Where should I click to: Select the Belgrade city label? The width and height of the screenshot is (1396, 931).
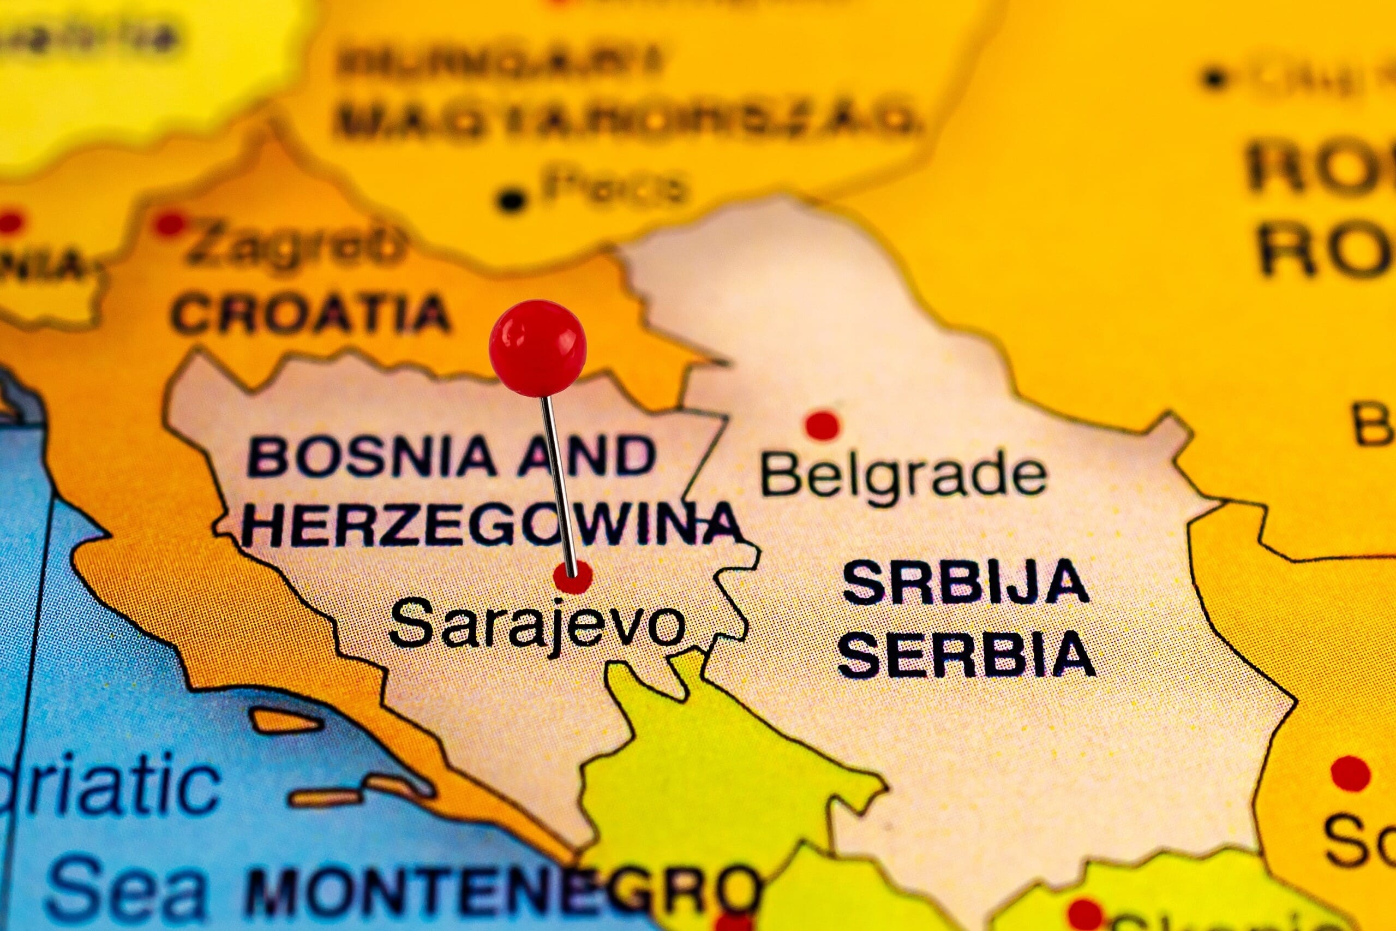[903, 475]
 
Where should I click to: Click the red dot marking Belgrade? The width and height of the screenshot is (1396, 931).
[822, 425]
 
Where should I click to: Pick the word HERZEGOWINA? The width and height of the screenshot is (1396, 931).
[492, 524]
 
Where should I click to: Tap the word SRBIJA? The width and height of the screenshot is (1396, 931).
[965, 582]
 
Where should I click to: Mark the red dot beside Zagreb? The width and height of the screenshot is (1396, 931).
[169, 223]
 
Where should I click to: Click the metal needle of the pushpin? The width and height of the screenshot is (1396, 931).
[558, 481]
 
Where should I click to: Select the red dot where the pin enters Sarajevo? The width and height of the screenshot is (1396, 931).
[572, 576]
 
